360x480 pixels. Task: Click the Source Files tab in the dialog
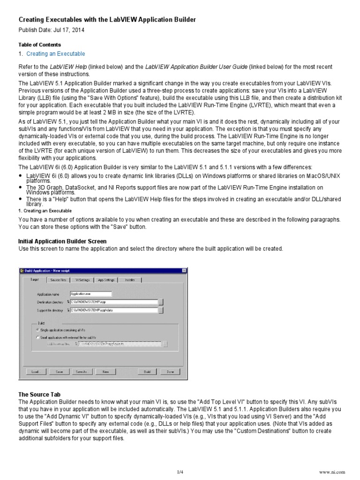pyautogui.click(x=59, y=280)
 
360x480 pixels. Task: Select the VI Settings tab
pyautogui.click(x=82, y=280)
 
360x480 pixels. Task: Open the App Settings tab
pyautogui.click(x=106, y=280)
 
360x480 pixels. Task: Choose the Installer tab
pyautogui.click(x=129, y=280)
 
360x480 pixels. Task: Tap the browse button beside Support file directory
pyautogui.click(x=161, y=310)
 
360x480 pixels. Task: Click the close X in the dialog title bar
pyautogui.click(x=180, y=271)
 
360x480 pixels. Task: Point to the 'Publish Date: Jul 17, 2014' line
pyautogui.click(x=52, y=30)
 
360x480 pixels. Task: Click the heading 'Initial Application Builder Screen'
pyautogui.click(x=62, y=241)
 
